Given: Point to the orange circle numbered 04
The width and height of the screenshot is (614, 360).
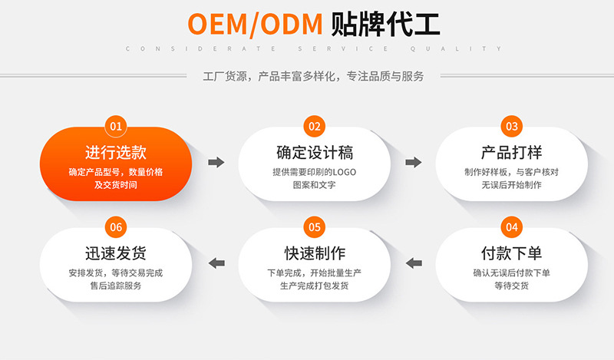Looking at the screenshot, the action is pos(512,227).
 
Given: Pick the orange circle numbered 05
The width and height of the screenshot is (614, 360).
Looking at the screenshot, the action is pos(314,227).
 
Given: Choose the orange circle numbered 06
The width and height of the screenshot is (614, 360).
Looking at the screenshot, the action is pos(116,227).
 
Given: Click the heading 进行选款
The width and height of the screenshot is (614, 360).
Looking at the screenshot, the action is pos(116,152).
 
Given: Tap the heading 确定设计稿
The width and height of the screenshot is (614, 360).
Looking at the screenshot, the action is pos(314,152).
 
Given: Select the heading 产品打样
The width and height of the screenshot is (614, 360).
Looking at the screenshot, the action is pos(512,152).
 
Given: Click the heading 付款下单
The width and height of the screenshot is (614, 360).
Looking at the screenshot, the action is pos(512,253).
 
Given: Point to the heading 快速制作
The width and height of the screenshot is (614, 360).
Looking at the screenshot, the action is pos(314,253).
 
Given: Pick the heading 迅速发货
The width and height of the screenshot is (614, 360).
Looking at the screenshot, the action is pos(116,253).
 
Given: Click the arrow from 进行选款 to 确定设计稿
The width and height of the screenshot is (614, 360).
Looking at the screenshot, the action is pos(216,162).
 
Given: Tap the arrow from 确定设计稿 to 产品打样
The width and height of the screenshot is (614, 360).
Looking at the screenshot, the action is pos(413,162).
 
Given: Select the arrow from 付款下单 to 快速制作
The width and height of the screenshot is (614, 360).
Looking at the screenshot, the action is pos(414,263).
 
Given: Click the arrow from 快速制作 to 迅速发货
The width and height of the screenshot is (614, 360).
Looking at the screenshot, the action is pos(217,263).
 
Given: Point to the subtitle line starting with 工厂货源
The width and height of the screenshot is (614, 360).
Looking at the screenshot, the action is pos(313,76).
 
